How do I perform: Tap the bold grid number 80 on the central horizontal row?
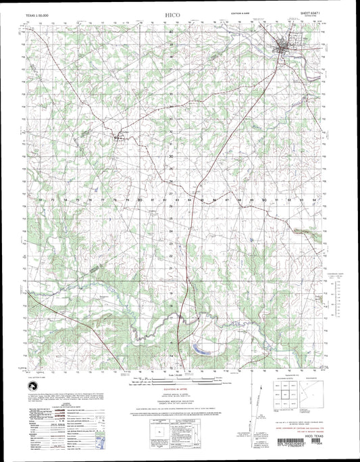coord(139,201)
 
